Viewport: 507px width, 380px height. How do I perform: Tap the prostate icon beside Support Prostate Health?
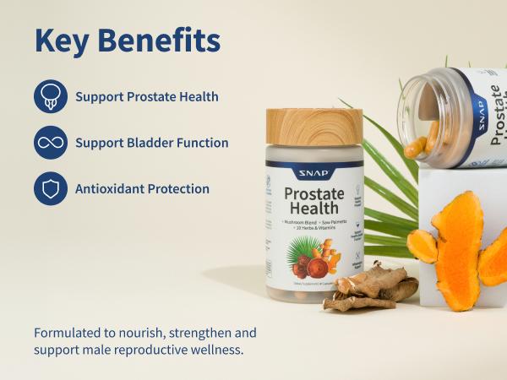pos(50,96)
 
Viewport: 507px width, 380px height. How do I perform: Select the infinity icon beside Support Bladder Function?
pos(50,143)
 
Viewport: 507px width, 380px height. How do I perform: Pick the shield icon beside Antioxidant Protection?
pos(50,188)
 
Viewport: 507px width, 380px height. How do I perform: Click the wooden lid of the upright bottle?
pos(313,126)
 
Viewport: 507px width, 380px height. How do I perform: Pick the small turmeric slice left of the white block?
pos(422,246)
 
